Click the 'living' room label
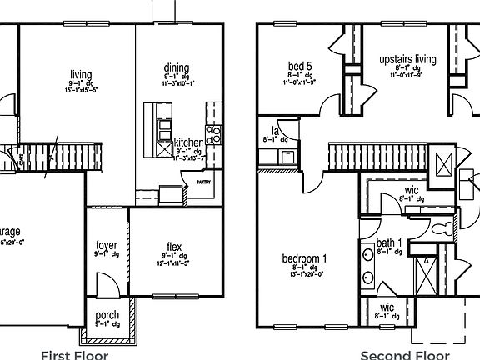[x=81, y=75]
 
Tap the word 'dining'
[x=177, y=68]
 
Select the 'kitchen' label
[x=187, y=143]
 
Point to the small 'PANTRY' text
[x=203, y=181]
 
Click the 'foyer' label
[x=106, y=245]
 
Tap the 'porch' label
[x=107, y=316]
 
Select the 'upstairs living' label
[x=407, y=60]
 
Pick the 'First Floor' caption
[x=74, y=354]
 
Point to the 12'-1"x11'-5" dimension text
[x=175, y=263]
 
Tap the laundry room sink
[x=286, y=155]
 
